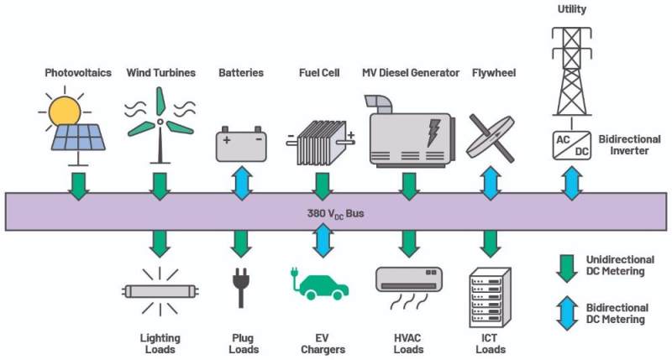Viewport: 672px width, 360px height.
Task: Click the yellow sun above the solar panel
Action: [x=65, y=111]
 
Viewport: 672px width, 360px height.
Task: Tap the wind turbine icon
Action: [x=160, y=125]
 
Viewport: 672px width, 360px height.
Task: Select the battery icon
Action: [x=241, y=143]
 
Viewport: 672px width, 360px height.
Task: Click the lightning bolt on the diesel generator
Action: [x=434, y=133]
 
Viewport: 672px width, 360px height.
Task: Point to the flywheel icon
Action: [x=491, y=138]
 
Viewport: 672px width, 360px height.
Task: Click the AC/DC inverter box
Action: [x=572, y=145]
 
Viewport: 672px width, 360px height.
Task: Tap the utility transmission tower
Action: [x=572, y=72]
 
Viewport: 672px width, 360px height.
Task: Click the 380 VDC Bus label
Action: [x=335, y=213]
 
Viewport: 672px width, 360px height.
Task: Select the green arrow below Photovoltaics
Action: [x=79, y=186]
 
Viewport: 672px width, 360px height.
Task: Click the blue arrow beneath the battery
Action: [x=242, y=183]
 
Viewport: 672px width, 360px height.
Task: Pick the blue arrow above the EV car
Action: [x=323, y=240]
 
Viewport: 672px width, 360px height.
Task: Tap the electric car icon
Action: [x=320, y=284]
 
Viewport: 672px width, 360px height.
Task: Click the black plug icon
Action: [x=241, y=287]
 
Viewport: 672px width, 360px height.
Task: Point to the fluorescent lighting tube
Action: [x=160, y=291]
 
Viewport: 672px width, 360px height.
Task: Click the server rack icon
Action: [x=491, y=297]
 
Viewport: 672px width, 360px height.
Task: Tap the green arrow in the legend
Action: [x=567, y=269]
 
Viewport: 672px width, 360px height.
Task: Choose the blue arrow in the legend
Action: [x=567, y=313]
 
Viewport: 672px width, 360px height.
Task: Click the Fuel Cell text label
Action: [x=319, y=73]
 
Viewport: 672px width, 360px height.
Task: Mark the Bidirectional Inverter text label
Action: [x=629, y=144]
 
